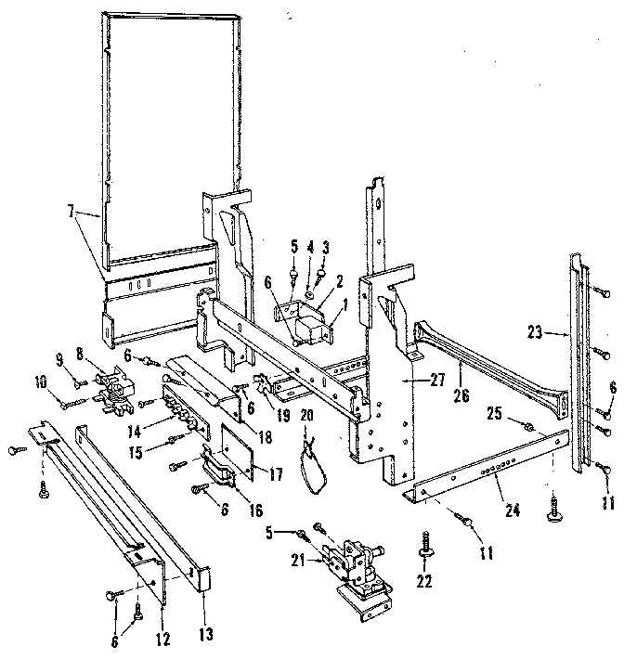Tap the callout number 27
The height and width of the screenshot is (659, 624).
tap(411, 380)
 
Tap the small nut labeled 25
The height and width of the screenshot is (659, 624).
tap(527, 428)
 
